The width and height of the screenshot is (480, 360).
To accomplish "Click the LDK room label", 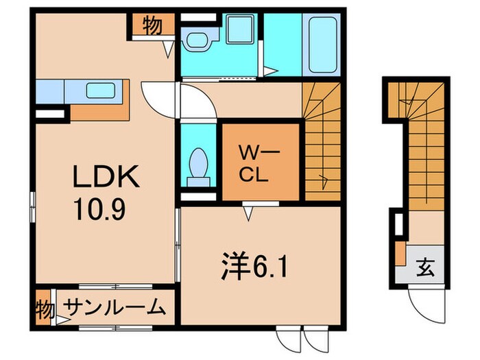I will [x=106, y=178].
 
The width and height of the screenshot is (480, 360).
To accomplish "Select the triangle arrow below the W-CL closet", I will [x=250, y=215].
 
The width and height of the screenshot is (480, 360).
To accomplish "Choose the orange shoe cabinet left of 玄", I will [x=399, y=253].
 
